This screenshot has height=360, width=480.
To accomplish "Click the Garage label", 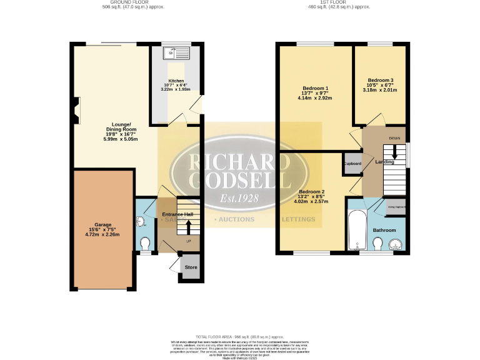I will pyautogui.click(x=102, y=229).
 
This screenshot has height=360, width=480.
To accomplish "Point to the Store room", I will pyautogui.click(x=191, y=267).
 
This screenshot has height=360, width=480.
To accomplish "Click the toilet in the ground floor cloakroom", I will pyautogui.click(x=145, y=243).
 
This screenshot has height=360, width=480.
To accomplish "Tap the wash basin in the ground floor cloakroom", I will pyautogui.click(x=140, y=221).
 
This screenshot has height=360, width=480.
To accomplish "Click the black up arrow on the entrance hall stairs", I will pyautogui.click(x=190, y=224).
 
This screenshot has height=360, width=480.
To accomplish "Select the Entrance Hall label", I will pyautogui.click(x=177, y=215).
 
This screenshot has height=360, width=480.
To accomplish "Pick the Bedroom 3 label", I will pyautogui.click(x=380, y=85).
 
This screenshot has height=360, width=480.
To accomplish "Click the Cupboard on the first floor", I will pyautogui.click(x=352, y=163).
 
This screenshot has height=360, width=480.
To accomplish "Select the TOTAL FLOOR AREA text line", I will pyautogui.click(x=240, y=336).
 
